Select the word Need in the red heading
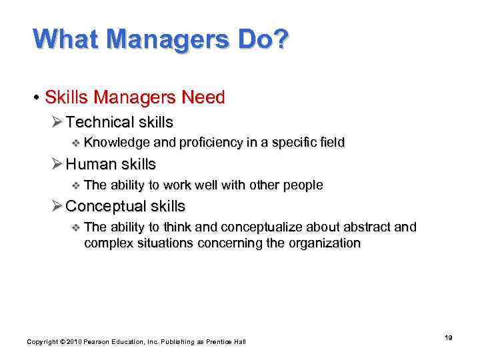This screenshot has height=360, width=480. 205,97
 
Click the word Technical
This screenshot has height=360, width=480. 100,122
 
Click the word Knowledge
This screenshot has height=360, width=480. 117,142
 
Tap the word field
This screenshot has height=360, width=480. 331,142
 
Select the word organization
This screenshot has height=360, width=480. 323,243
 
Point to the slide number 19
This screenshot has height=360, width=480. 449,338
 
